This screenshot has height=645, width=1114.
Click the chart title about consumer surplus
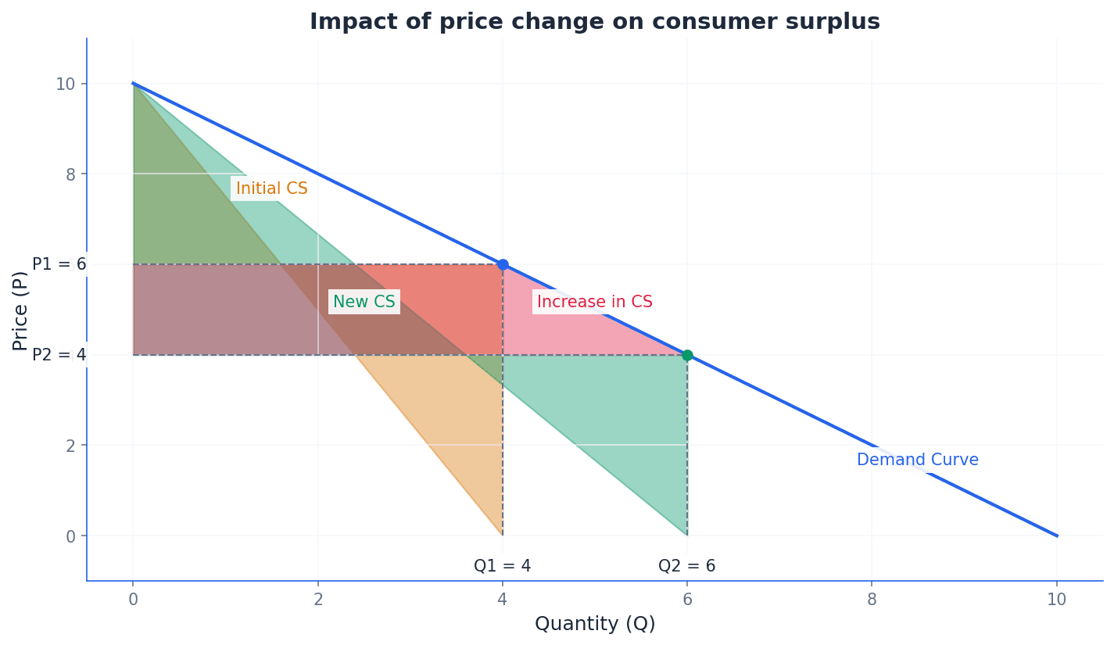[x=594, y=22]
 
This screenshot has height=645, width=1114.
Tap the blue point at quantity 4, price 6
[x=503, y=264]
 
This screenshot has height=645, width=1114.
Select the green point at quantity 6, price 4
[x=687, y=355]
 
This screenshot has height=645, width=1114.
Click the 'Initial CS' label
[x=271, y=189]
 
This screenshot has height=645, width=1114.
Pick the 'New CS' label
[x=364, y=302]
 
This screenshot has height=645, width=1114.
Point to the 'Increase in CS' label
[x=594, y=302]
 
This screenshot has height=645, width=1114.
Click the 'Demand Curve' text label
[x=917, y=460]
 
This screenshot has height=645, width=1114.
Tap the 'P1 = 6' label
[x=59, y=264]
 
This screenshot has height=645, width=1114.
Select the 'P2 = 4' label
[x=59, y=355]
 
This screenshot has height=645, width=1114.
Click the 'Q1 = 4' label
[x=502, y=566]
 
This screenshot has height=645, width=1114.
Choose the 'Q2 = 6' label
[x=686, y=566]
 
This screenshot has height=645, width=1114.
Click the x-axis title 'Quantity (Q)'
[x=594, y=624]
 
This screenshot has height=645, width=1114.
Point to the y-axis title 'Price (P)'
[x=20, y=310]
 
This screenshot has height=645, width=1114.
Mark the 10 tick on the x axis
[x=1056, y=600]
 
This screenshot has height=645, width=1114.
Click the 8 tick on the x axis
[x=872, y=600]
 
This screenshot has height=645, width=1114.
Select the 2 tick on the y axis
[x=70, y=446]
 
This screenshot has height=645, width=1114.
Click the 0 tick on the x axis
[x=133, y=600]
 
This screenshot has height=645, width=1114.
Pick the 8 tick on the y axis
[x=70, y=174]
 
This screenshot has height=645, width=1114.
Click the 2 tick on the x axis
[x=318, y=600]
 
